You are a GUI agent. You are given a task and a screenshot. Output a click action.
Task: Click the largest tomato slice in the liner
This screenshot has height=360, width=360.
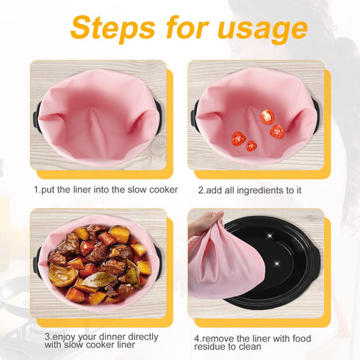pyautogui.click(x=267, y=116)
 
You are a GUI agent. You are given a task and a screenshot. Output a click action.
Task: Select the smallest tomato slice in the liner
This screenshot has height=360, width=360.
pyautogui.click(x=251, y=145)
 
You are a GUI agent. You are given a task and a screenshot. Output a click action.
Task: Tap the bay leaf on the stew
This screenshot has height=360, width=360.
pyautogui.click(x=98, y=278)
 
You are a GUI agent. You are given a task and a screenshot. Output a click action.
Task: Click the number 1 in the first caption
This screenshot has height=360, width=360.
pyautogui.click(x=36, y=190)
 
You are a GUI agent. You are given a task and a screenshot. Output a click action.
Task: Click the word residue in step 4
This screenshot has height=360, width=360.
pyautogui.click(x=211, y=349)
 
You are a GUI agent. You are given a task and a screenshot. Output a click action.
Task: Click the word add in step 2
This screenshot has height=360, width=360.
pyautogui.click(x=216, y=190)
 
